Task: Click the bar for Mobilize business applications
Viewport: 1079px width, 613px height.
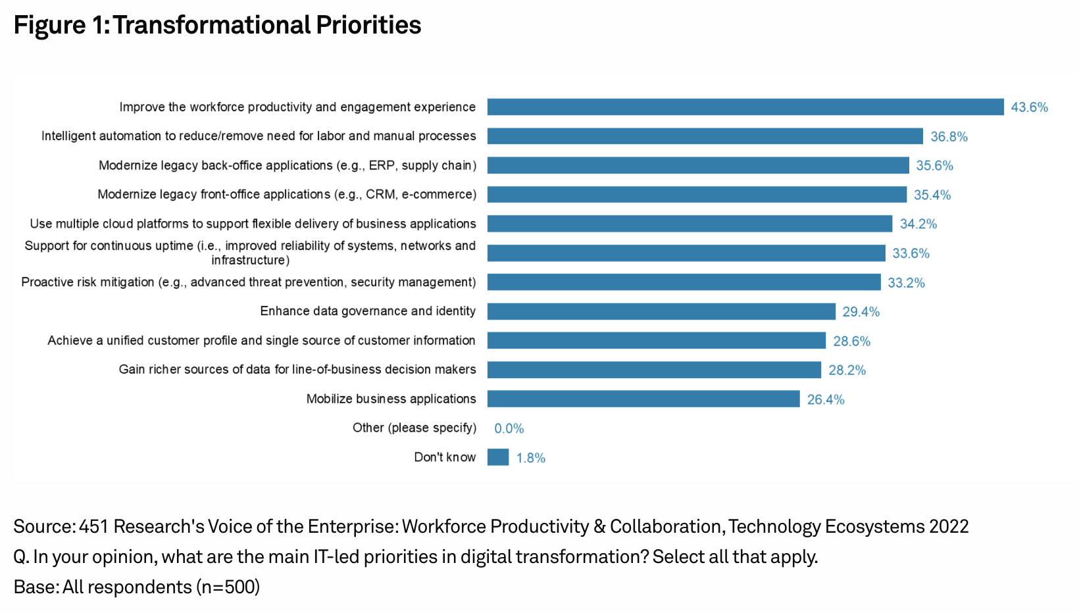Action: [x=643, y=399]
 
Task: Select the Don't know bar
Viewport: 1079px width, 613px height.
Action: [x=498, y=457]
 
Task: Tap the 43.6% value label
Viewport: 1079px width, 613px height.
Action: [x=1029, y=107]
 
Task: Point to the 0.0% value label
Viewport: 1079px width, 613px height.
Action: [x=509, y=428]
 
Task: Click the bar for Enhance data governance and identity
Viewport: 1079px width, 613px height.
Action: [x=661, y=311]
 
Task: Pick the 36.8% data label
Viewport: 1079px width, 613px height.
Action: [x=949, y=137]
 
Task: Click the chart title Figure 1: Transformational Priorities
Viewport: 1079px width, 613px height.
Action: [x=217, y=25]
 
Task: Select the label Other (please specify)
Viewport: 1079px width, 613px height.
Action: [x=414, y=428]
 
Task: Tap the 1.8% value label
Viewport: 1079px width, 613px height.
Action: [x=531, y=458]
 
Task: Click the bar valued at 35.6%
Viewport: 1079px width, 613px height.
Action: [x=698, y=165]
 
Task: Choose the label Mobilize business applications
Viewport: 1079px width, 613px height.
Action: [x=391, y=399]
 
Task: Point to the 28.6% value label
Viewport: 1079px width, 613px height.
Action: [x=852, y=341]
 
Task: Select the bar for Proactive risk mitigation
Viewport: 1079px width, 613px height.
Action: [x=684, y=282]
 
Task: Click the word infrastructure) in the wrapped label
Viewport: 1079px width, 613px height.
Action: [x=250, y=260]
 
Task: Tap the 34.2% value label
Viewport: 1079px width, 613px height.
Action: [x=918, y=224]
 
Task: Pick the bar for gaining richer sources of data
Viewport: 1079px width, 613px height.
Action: [x=654, y=370]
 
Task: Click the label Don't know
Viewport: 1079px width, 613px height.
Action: [x=445, y=457]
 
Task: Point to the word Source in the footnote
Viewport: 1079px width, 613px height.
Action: [x=43, y=526]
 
